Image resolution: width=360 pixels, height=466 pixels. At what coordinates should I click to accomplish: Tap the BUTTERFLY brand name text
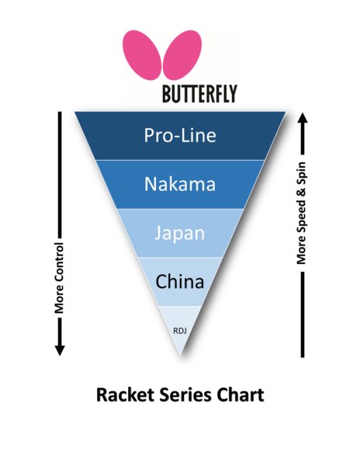pos(199,95)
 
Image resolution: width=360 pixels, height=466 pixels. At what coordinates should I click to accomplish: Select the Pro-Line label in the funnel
pos(180,136)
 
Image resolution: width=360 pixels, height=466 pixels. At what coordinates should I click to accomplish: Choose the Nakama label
pos(180,184)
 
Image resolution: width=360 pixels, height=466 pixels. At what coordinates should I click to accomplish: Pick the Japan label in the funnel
pos(180,233)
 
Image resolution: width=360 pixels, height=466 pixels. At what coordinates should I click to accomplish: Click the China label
pos(180,281)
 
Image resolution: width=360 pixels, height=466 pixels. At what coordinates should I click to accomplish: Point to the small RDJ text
pos(179,330)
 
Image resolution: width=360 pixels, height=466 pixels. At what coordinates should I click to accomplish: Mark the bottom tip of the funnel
pos(180,355)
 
